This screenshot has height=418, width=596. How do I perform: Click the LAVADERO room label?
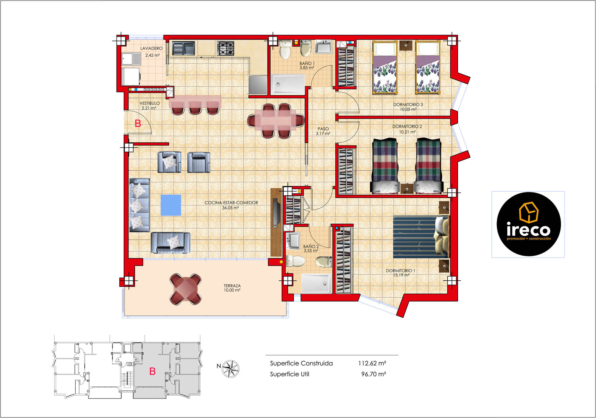tap(151, 48)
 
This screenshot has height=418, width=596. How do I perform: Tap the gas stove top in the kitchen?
tap(225, 48)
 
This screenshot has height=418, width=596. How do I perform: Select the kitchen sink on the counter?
tap(183, 48)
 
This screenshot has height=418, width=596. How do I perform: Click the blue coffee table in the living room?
tap(171, 205)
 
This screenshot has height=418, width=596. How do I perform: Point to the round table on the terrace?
tap(185, 289)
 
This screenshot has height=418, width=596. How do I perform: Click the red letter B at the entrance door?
tap(138, 123)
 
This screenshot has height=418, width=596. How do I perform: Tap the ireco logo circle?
tap(529, 224)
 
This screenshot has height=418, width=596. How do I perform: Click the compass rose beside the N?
tap(231, 369)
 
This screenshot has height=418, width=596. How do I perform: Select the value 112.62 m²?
tap(372, 363)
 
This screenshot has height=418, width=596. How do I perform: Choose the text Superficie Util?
tap(290, 374)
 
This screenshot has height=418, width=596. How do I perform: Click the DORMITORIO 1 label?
tap(401, 271)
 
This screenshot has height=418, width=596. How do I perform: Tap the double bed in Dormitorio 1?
tap(421, 237)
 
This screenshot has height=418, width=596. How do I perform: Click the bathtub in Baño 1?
tap(288, 84)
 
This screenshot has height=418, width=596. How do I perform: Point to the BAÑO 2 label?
tap(311, 246)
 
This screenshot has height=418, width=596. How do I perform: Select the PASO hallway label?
tap(323, 129)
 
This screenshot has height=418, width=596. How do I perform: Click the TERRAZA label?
tap(232, 286)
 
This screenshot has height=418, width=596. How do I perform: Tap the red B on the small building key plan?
tap(153, 371)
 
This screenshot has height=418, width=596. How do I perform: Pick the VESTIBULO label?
tap(150, 103)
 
